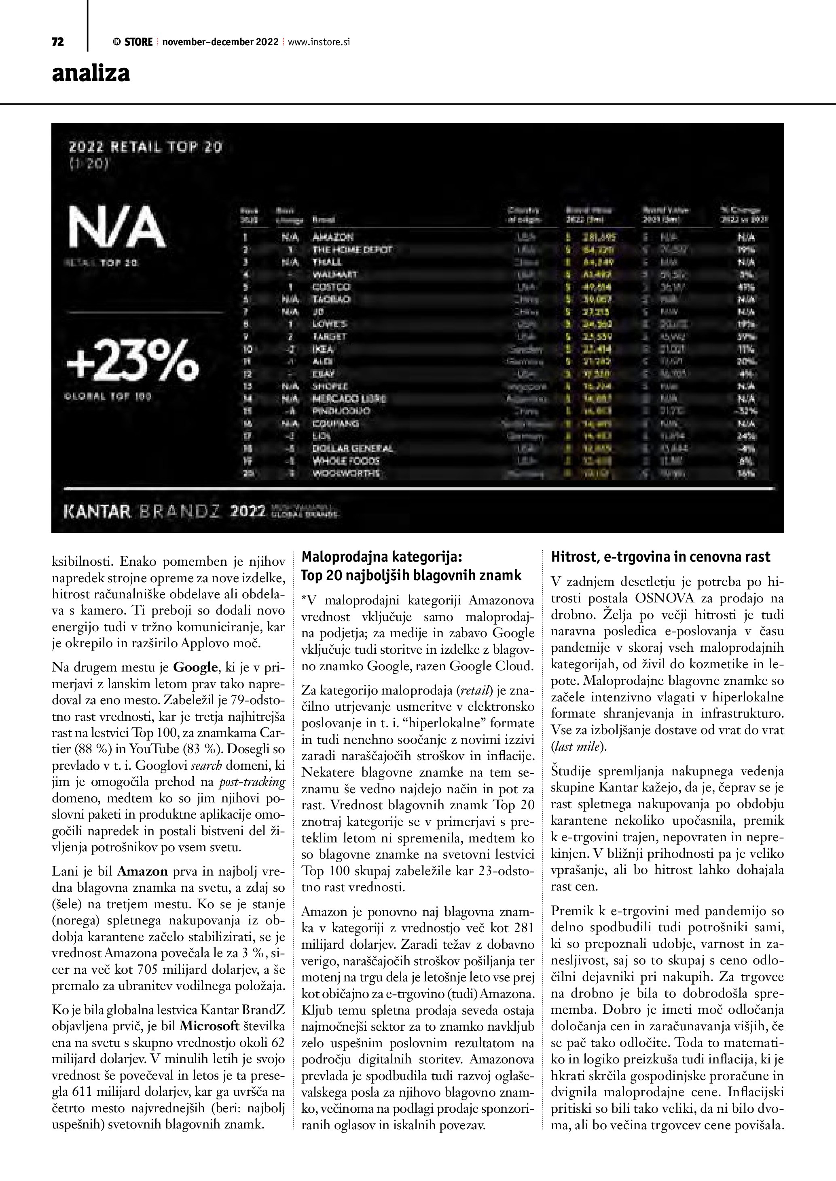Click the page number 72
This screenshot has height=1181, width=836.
[58, 42]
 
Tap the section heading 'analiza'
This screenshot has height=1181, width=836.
[91, 74]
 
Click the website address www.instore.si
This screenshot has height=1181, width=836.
[319, 42]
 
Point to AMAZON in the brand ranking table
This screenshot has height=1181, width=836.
[333, 238]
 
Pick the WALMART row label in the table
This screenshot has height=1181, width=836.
[334, 275]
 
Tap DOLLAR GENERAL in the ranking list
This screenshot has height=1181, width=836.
[353, 448]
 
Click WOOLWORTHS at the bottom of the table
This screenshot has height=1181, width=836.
[346, 473]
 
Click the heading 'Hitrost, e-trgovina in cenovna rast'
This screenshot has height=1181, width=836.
[660, 557]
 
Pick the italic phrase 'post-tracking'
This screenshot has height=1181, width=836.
[252, 782]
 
